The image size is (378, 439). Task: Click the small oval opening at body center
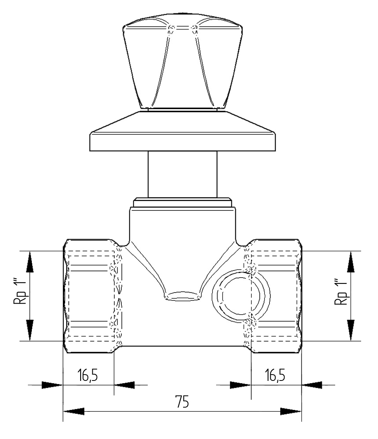pos(182,297)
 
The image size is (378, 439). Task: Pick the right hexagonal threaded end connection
pos(275,295)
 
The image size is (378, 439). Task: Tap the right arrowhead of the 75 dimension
pos(291,412)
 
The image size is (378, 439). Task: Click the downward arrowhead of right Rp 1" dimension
pos(351,330)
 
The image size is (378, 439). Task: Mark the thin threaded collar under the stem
pos(182,203)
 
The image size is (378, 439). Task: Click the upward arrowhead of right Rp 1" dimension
pos(351,262)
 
